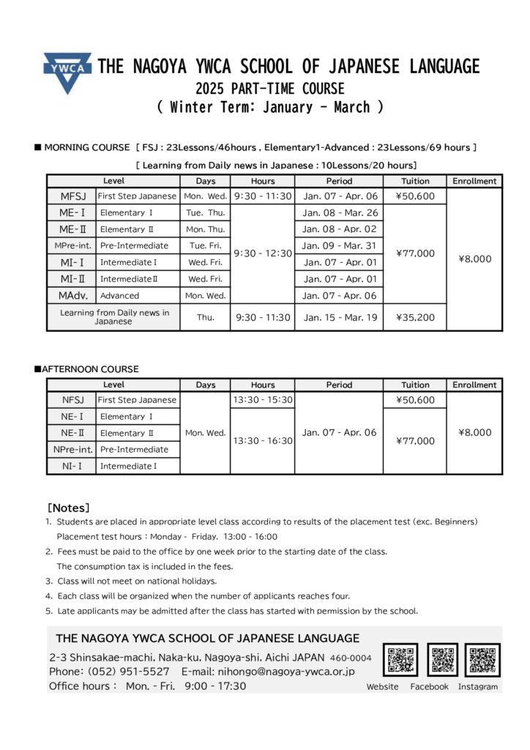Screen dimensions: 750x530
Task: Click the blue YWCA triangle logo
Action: click(x=67, y=71)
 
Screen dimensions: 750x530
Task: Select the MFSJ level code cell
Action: click(x=72, y=196)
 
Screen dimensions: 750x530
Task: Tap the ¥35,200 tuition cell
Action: click(x=415, y=318)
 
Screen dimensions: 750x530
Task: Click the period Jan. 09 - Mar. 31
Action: click(x=338, y=246)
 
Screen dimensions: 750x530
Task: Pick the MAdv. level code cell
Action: click(x=72, y=295)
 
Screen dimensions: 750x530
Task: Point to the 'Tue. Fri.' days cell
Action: click(x=206, y=246)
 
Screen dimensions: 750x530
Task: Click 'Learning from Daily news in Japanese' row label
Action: click(x=113, y=317)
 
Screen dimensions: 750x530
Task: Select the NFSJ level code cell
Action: click(x=72, y=400)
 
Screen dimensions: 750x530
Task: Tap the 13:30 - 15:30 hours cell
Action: click(x=263, y=400)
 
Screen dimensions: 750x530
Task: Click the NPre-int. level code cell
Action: click(x=72, y=449)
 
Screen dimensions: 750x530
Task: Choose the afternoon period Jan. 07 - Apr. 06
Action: click(x=338, y=432)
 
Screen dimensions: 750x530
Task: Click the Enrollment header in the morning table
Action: click(x=474, y=181)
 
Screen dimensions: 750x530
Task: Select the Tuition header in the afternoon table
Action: click(x=415, y=385)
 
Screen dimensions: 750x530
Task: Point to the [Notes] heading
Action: click(x=69, y=507)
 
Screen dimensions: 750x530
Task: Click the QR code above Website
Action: click(x=400, y=660)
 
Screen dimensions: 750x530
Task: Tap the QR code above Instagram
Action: click(x=482, y=660)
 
